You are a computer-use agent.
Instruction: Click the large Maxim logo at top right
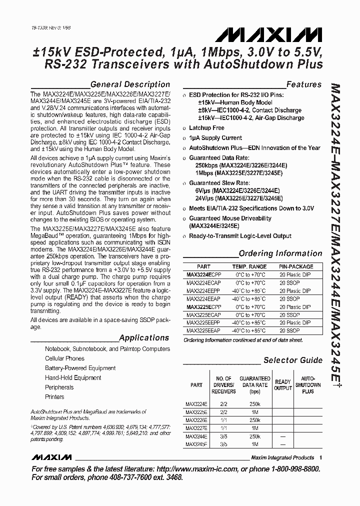[269, 35]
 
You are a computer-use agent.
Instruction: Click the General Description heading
[130, 84]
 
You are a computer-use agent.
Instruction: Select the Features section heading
[303, 84]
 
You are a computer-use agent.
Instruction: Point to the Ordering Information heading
[280, 253]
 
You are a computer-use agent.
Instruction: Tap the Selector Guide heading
[293, 360]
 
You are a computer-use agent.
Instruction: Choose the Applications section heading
[144, 338]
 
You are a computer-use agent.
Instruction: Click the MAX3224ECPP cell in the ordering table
[203, 275]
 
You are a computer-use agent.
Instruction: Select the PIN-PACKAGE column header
[296, 267]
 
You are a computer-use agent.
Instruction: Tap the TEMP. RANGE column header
[249, 267]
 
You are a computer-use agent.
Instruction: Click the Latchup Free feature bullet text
[206, 128]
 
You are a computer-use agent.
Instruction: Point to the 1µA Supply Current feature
[215, 138]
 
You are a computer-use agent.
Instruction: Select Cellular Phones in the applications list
[64, 358]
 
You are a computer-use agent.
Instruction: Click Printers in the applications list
[54, 397]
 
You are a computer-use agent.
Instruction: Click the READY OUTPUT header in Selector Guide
[283, 385]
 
